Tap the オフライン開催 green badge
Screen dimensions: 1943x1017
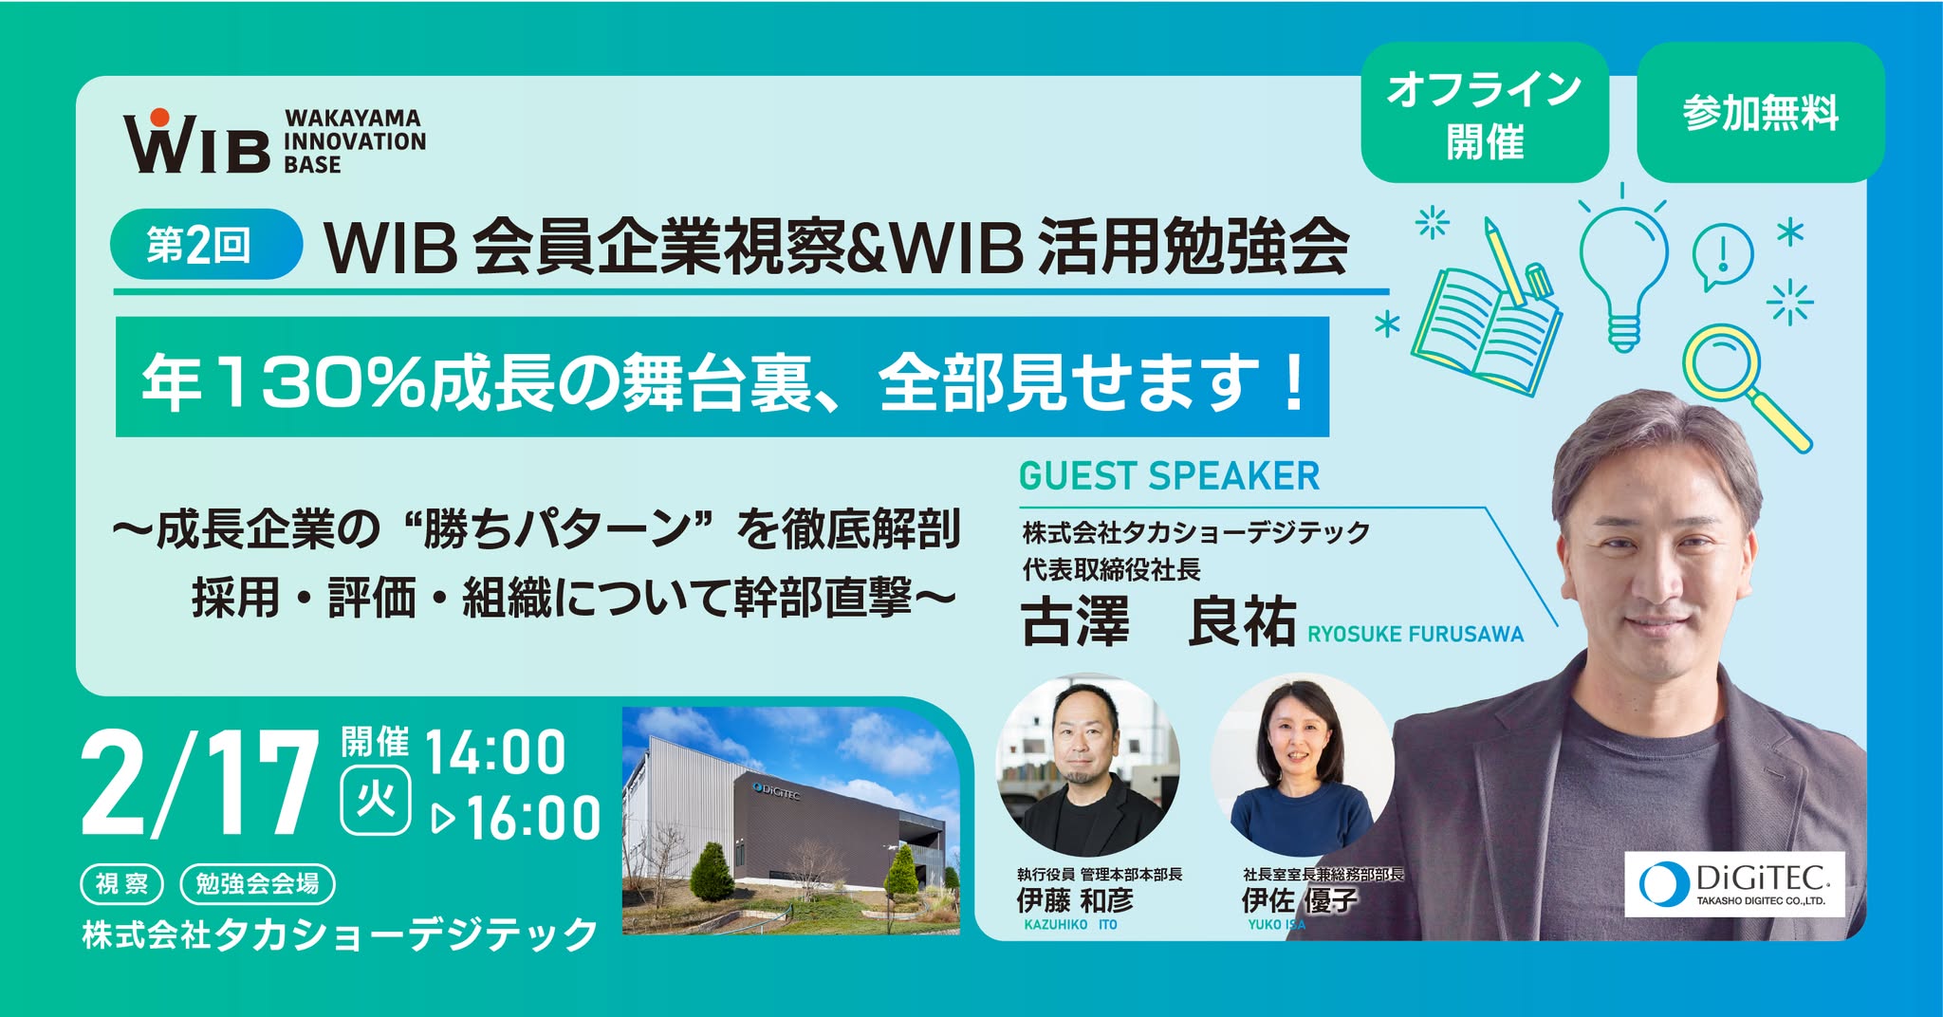pos(1485,113)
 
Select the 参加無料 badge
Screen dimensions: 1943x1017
pos(1761,113)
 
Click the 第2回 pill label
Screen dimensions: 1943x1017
pos(207,244)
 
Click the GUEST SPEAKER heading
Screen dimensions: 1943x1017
pos(1169,476)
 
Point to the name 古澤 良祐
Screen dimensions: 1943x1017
pos(1158,621)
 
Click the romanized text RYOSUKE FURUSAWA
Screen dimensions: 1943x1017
pos(1416,635)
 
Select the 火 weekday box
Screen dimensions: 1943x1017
pos(376,802)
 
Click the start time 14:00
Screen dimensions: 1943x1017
pos(495,753)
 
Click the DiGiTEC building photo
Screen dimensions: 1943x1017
pos(790,821)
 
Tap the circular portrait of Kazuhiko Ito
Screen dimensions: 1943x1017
pos(1087,765)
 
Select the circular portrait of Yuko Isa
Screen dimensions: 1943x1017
pos(1302,765)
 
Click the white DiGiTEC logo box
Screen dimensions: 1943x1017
pos(1734,884)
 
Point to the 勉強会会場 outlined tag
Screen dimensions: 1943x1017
pos(257,884)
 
